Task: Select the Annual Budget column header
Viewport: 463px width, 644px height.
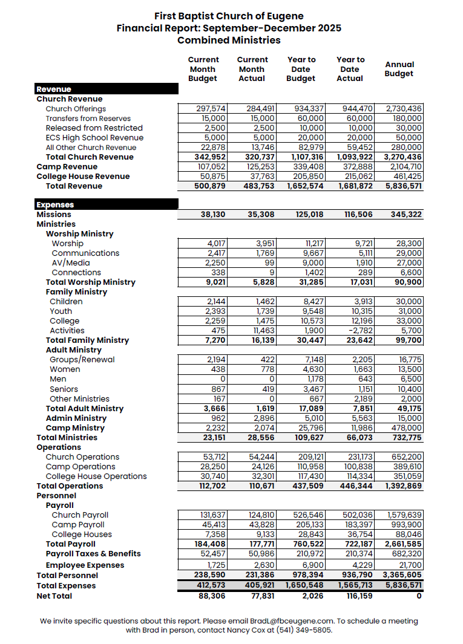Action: (399, 69)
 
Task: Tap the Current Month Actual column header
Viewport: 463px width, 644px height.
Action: (252, 69)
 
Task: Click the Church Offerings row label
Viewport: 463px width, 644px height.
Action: (76, 109)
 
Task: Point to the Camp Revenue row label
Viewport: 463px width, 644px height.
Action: (67, 167)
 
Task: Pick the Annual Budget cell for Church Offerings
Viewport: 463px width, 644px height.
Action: (404, 109)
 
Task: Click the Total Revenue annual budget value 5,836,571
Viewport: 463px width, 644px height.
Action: (404, 186)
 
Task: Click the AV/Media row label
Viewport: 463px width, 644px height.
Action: (70, 263)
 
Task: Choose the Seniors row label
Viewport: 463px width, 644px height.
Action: (64, 389)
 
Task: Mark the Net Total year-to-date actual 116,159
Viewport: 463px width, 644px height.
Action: (355, 596)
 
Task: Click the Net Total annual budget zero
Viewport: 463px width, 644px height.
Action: (419, 596)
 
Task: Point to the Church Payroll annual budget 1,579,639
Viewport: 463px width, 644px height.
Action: (404, 515)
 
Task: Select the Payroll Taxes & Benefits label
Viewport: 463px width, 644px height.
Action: (93, 554)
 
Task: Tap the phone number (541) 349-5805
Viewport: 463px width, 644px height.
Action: (304, 630)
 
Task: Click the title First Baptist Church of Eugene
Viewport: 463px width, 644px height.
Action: (229, 16)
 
